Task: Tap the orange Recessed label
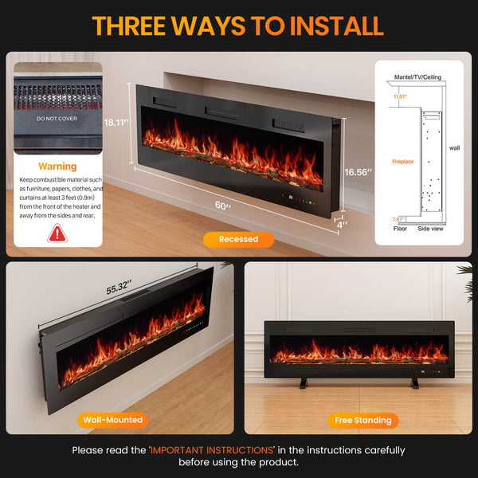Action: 238,239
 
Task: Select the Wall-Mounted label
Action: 112,419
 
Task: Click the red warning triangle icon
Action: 58,233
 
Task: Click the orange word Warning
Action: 58,167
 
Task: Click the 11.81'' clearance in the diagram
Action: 400,96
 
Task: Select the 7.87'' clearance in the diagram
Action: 398,219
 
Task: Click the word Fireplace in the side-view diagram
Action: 402,161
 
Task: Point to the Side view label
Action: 431,228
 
